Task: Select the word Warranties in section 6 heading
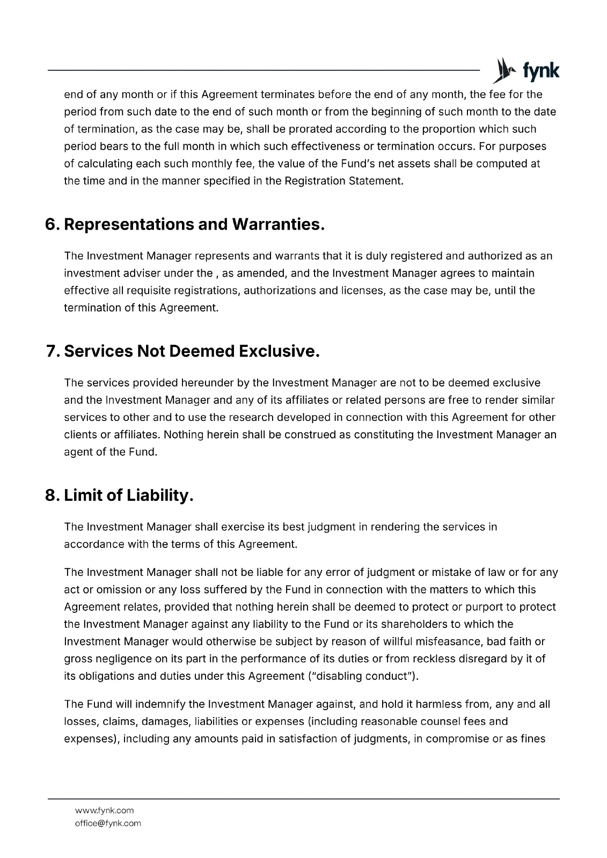[278, 224]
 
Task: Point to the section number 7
[52, 351]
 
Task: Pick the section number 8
[52, 495]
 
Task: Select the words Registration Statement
[343, 181]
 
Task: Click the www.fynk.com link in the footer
[105, 810]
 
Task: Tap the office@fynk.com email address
[108, 823]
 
